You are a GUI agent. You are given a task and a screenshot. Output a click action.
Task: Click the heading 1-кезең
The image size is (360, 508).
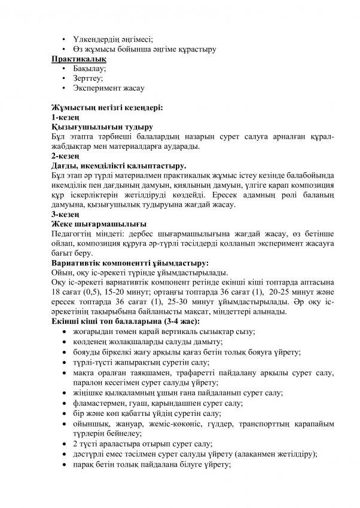[x=65, y=117]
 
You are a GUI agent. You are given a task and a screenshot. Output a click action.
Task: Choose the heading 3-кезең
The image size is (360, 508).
[x=65, y=214]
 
